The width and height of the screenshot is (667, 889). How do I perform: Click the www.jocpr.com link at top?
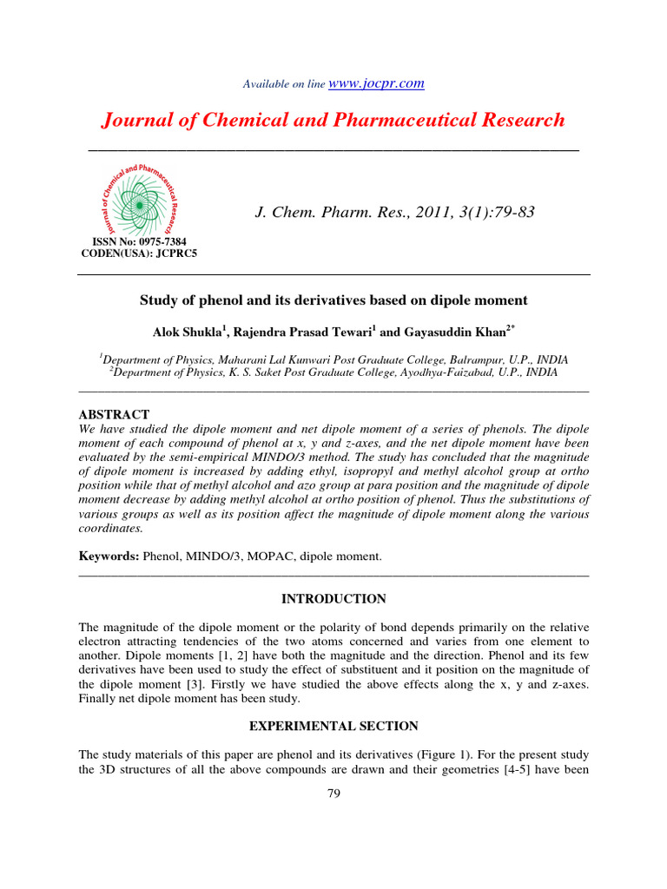click(x=376, y=83)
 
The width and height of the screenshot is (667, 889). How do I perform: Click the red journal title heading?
click(x=333, y=120)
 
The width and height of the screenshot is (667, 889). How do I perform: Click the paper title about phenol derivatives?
click(x=333, y=300)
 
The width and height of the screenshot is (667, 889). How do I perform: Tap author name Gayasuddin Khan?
click(x=444, y=331)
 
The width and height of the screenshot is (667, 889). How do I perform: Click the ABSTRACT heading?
click(x=114, y=414)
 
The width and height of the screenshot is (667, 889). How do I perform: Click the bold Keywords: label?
click(x=109, y=555)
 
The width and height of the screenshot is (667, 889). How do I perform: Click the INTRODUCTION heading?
click(x=333, y=599)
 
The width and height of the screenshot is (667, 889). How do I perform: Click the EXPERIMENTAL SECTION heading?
click(x=333, y=726)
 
